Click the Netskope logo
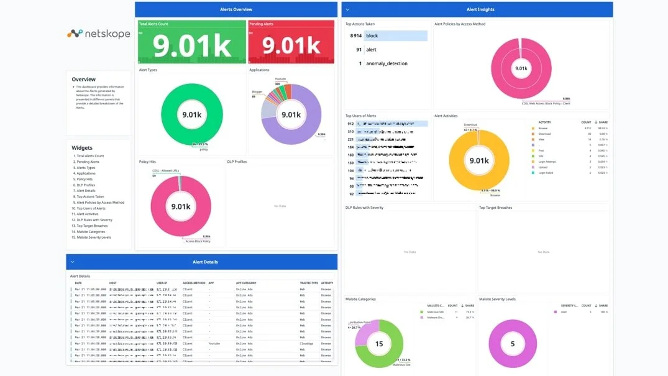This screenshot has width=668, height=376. (99, 34)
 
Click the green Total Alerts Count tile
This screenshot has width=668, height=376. (191, 42)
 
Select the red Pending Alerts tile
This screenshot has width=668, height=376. (292, 42)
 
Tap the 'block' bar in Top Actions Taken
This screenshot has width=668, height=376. (396, 36)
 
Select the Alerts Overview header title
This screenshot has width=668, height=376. (236, 9)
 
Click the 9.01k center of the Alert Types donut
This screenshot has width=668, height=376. (191, 114)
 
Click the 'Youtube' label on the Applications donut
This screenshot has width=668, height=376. (280, 79)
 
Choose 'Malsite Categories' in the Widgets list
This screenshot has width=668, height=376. (93, 231)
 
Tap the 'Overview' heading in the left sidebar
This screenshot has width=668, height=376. (84, 80)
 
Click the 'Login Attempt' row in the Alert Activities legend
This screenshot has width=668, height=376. (547, 162)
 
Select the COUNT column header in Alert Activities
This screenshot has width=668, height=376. (586, 122)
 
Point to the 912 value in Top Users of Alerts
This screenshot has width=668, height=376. (350, 123)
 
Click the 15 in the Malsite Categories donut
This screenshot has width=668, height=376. (378, 343)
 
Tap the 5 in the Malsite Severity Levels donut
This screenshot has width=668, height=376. (513, 343)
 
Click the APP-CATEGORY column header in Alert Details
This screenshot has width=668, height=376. (246, 283)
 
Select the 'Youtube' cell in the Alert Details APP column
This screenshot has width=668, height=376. (214, 343)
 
